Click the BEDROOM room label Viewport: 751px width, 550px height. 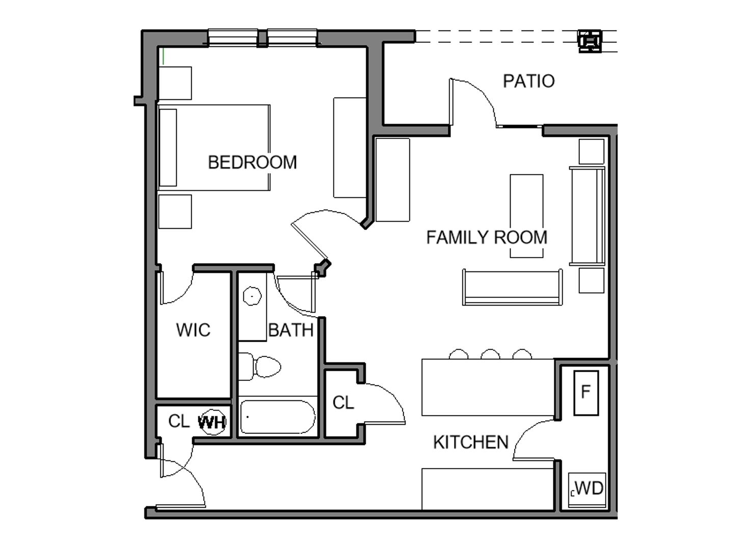click(x=252, y=162)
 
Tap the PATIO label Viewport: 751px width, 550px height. click(x=528, y=81)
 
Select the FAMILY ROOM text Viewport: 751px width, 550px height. click(x=486, y=237)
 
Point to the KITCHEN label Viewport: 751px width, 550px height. click(x=470, y=442)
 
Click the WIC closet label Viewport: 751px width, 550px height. click(x=193, y=330)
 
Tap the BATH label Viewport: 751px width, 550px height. click(x=290, y=330)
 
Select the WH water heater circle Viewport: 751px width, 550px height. click(x=212, y=422)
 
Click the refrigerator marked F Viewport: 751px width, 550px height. click(x=585, y=393)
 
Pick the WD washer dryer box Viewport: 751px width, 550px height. click(x=586, y=488)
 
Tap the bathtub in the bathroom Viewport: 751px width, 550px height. click(x=277, y=417)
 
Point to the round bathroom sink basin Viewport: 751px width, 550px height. click(x=252, y=295)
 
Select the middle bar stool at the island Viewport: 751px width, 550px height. click(x=490, y=354)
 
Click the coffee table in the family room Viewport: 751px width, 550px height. click(x=526, y=215)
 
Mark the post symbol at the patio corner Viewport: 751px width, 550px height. click(x=590, y=41)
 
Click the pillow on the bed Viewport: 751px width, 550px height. click(x=168, y=148)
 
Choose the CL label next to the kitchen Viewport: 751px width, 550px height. click(x=343, y=403)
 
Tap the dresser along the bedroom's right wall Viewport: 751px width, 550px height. click(x=350, y=147)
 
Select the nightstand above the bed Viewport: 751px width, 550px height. click(x=175, y=83)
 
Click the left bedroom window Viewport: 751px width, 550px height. click(x=233, y=38)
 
